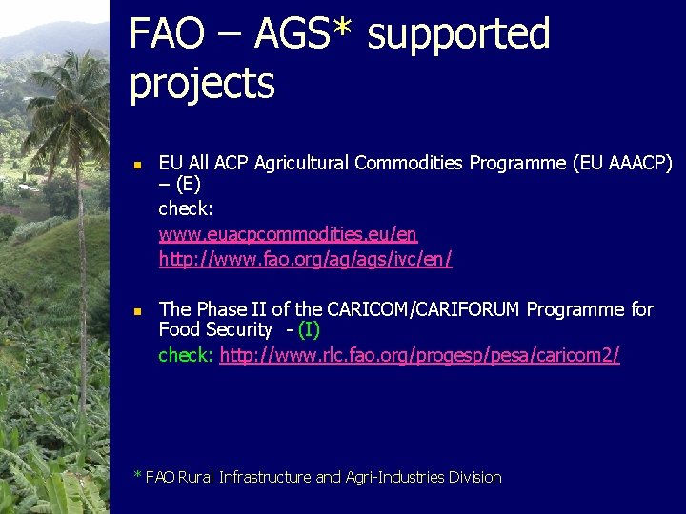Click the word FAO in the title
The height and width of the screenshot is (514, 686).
coord(168,34)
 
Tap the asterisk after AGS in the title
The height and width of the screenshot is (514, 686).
coord(343,29)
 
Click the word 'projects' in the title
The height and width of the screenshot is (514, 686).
coord(201,85)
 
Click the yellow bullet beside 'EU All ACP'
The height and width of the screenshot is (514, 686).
coord(136,166)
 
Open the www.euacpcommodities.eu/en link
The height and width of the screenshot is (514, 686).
coord(288,234)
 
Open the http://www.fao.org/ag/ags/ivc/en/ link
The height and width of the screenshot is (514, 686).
coord(305,259)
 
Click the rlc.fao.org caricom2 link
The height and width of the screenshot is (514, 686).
coord(419,355)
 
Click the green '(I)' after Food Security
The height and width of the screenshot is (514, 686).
coord(309,330)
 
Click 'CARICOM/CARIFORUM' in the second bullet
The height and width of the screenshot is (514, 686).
coord(424,309)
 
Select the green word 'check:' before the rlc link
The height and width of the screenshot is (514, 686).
coord(187,355)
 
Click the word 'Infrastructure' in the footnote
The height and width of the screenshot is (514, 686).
coord(265,477)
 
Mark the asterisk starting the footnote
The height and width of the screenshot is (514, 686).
coord(138,475)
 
